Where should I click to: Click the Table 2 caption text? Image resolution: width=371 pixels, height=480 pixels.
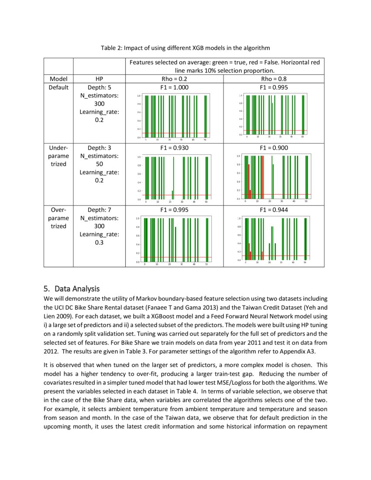tap(185, 48)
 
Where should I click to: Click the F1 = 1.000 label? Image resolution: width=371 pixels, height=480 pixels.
tap(174, 87)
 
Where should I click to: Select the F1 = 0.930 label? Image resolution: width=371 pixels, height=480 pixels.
tap(174, 148)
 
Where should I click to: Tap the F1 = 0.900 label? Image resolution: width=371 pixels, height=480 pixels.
tap(274, 148)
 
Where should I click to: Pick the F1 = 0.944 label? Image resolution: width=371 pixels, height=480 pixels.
tap(274, 210)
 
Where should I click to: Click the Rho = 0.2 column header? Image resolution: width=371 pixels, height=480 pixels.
tap(174, 79)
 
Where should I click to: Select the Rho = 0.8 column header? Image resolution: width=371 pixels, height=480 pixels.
tap(274, 79)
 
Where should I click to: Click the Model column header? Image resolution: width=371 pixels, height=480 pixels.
tap(58, 79)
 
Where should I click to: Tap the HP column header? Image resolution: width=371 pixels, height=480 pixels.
tap(99, 79)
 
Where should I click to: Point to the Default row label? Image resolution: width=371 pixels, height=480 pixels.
tap(58, 87)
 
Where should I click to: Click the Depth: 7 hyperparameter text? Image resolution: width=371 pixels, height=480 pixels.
tap(99, 210)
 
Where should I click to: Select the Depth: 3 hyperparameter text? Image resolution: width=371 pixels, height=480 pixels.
tap(99, 148)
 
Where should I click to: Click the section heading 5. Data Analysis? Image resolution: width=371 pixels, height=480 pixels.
tap(72, 289)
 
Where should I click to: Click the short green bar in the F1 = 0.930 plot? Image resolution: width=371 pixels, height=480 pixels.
tap(172, 195)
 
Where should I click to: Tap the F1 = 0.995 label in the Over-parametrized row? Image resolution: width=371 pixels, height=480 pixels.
tap(174, 210)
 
